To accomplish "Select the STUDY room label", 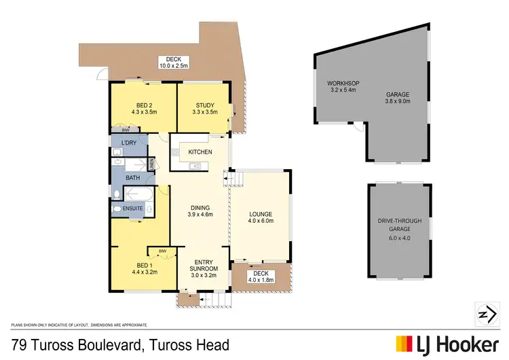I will pyautogui.click(x=205, y=105).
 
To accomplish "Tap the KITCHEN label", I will pyautogui.click(x=200, y=151).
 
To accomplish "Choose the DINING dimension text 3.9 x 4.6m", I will pyautogui.click(x=200, y=215).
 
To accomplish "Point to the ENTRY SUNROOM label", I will pyautogui.click(x=204, y=266).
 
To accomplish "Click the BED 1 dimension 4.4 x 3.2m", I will pyautogui.click(x=143, y=272).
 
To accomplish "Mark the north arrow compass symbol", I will pyautogui.click(x=483, y=314).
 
